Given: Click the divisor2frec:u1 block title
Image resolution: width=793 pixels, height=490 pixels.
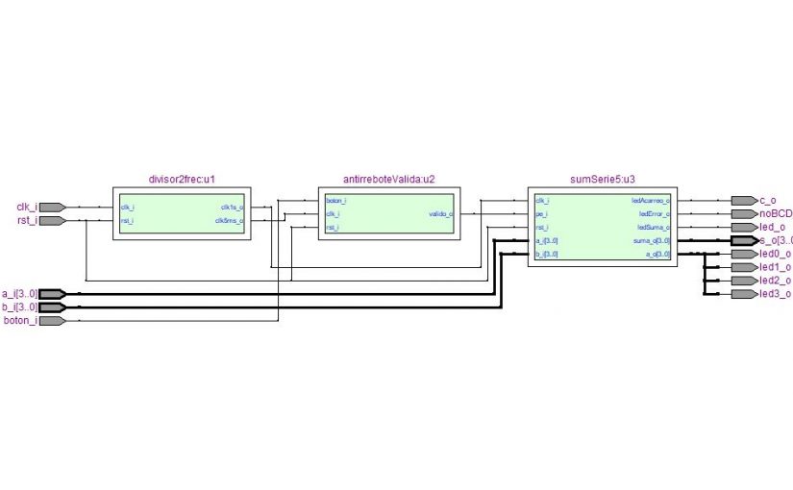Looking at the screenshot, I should tap(182, 179).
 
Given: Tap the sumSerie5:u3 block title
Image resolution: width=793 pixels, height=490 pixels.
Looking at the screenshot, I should tap(602, 179).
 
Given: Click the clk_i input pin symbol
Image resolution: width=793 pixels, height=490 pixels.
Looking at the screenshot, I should tap(52, 207).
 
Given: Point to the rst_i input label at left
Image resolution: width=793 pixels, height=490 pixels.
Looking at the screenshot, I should tap(26, 220).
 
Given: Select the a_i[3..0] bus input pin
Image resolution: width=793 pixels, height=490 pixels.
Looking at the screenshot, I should tap(52, 293).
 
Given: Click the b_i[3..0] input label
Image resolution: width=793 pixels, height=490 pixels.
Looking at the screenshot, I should tap(19, 306).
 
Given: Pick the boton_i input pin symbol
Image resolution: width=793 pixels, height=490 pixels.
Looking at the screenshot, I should tap(52, 321).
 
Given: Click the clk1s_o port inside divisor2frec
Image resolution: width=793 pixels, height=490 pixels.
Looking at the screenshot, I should tap(232, 207).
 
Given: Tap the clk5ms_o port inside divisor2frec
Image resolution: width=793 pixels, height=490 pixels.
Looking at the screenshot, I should tap(230, 220).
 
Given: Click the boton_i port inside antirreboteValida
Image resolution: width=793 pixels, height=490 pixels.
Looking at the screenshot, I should tap(336, 200).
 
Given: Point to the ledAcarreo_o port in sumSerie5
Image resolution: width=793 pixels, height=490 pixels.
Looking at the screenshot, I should tap(651, 200).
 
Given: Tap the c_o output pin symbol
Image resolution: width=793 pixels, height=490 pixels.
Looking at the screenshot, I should tap(743, 200).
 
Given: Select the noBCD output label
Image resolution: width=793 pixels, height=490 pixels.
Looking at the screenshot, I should tap(775, 213).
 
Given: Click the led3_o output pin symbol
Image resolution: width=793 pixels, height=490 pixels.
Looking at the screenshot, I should tap(743, 294).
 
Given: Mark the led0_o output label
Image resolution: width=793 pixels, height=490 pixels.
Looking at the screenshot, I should tap(775, 254).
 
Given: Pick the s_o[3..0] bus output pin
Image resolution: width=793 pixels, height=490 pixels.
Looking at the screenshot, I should tap(743, 240).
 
